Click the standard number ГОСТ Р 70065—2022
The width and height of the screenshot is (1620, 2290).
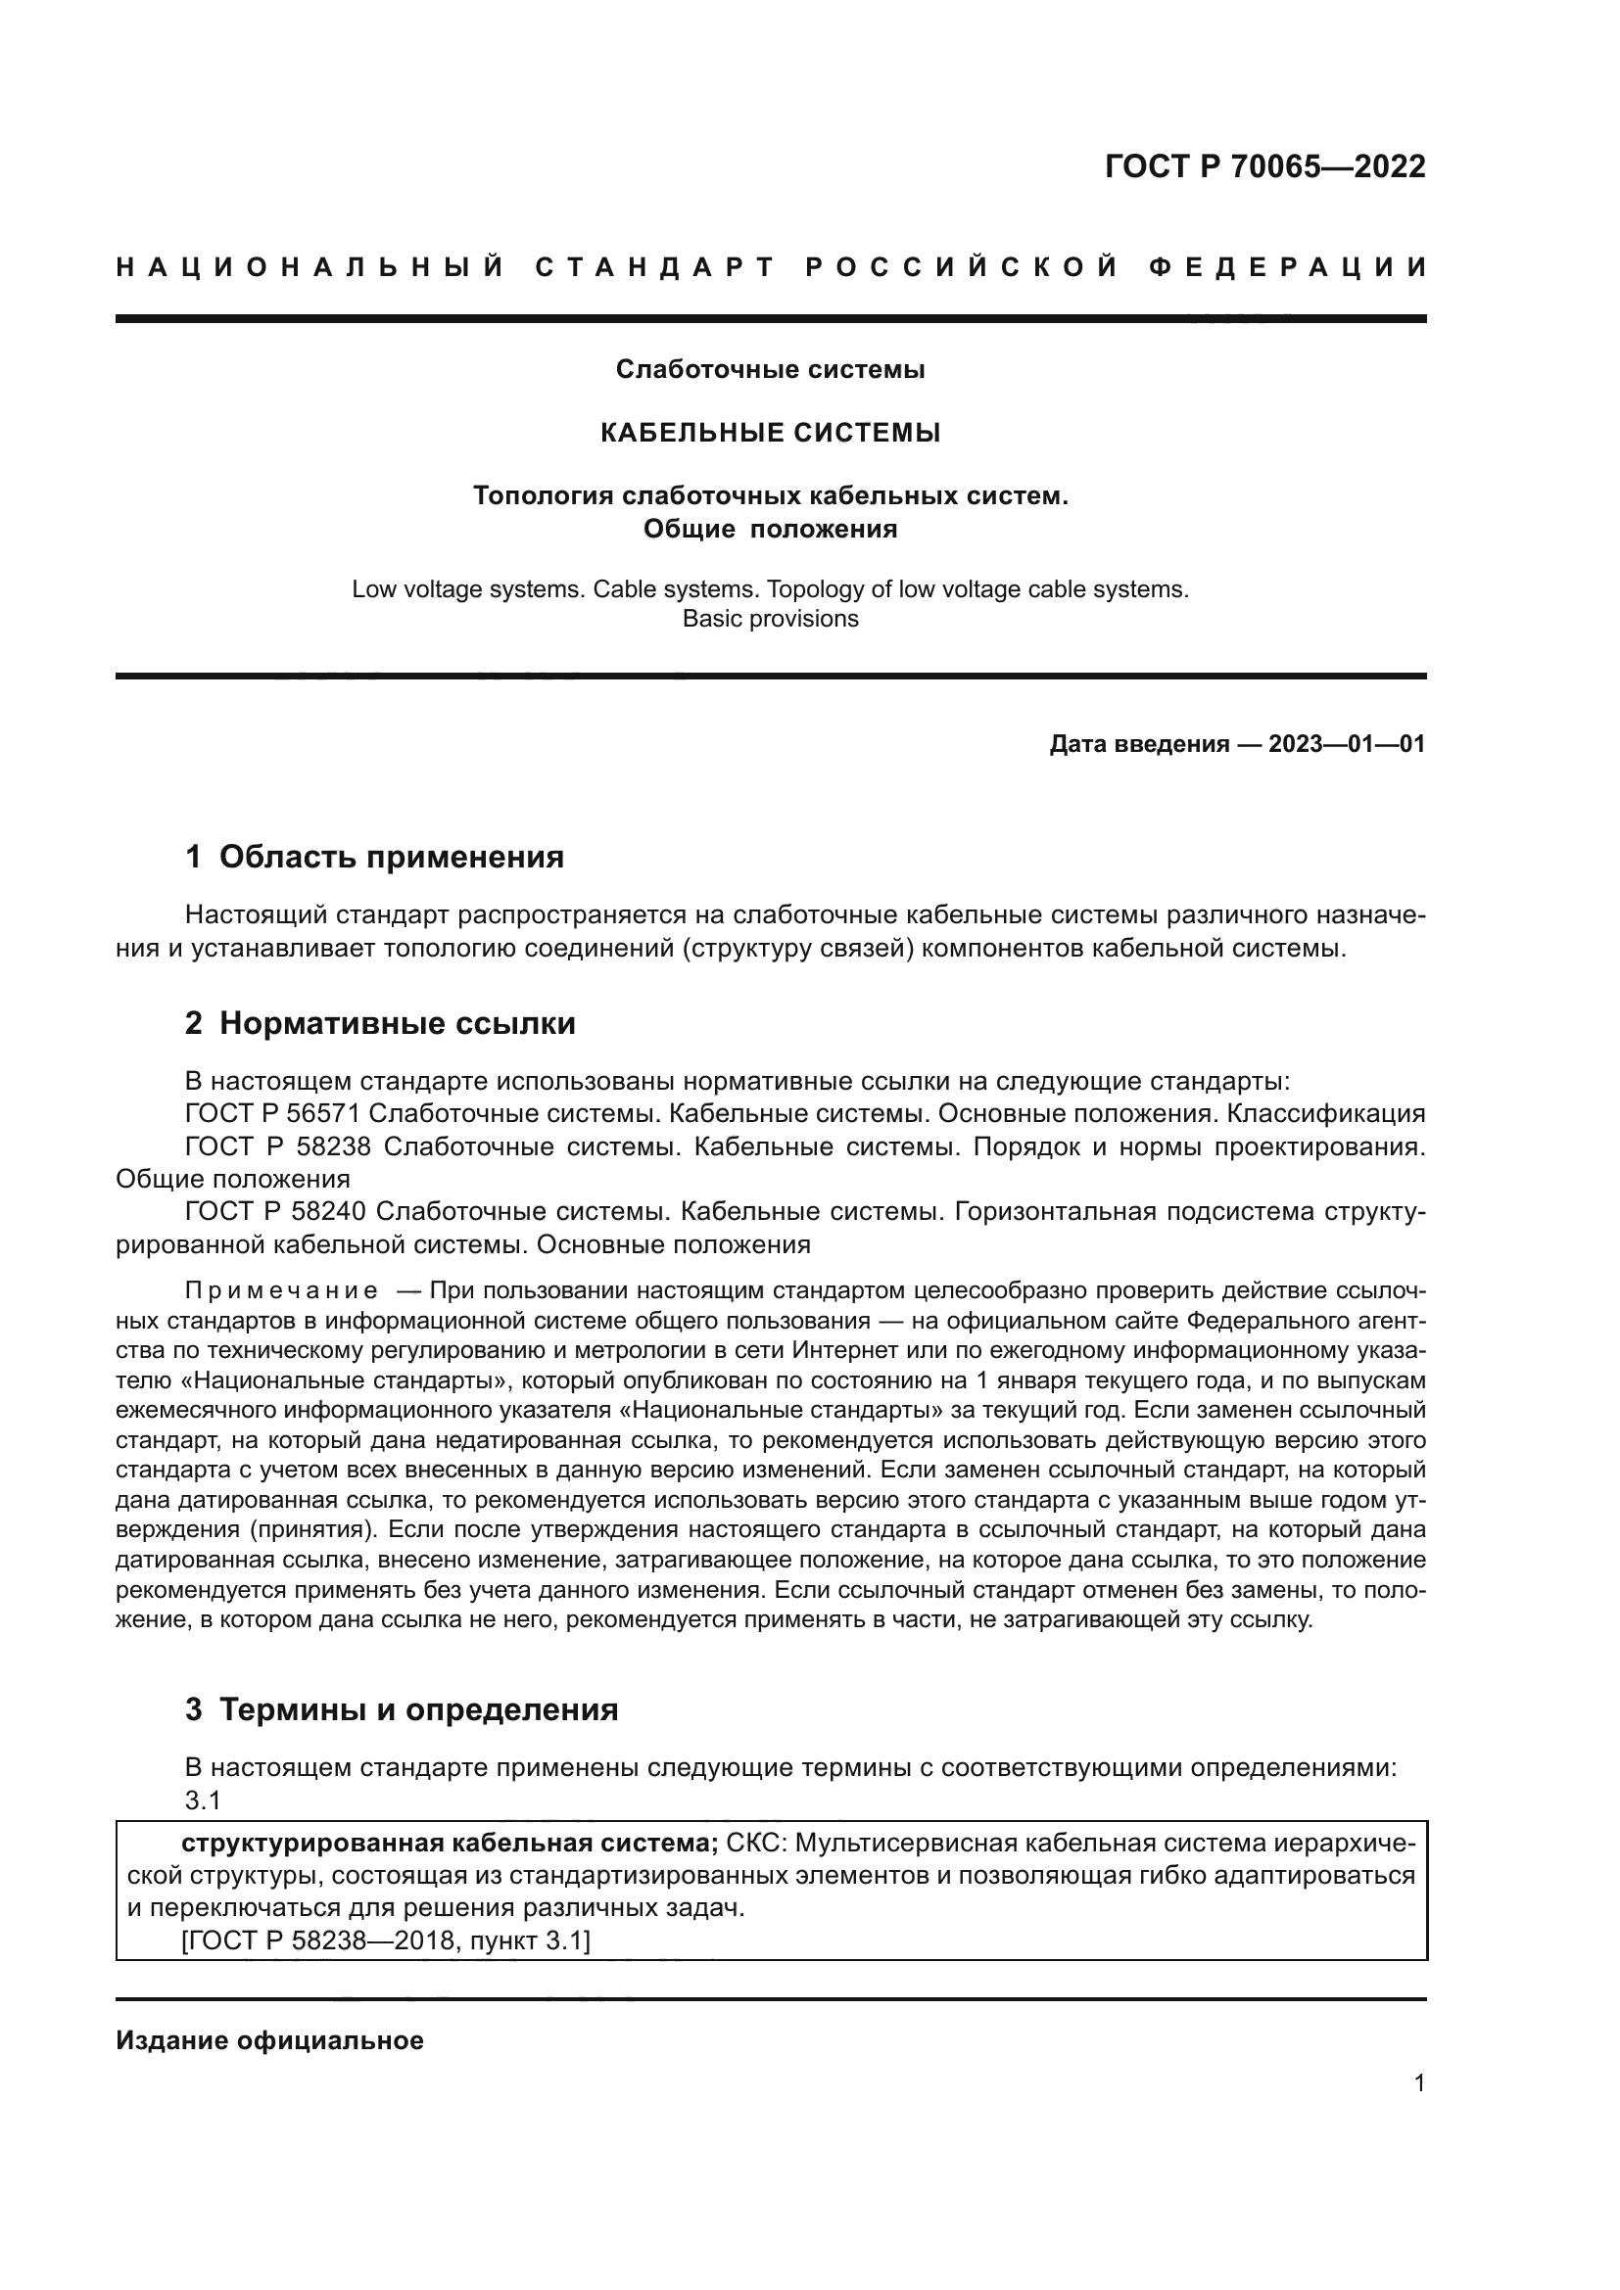coord(1264,166)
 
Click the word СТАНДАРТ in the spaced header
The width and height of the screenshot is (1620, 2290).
coord(655,267)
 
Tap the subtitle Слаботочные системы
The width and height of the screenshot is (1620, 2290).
coord(770,370)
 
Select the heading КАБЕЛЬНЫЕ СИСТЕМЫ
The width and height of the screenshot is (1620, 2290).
coord(770,433)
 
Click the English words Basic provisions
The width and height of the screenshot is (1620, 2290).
coord(770,620)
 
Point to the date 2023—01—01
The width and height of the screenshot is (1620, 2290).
coord(1346,744)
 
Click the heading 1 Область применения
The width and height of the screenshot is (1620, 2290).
coord(374,857)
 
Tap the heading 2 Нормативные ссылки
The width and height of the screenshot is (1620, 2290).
coord(380,1023)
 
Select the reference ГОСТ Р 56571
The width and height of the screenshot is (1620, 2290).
coord(272,1113)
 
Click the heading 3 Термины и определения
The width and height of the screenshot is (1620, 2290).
coord(401,1709)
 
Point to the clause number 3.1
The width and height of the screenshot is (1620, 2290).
coord(203,1800)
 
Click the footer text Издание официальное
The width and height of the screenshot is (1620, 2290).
coord(269,2040)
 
